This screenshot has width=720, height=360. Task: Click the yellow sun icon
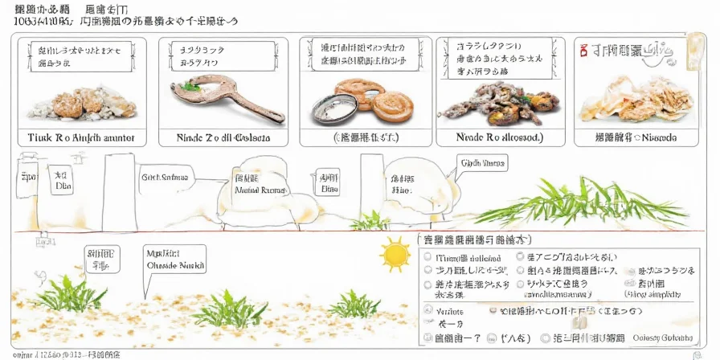(395, 256)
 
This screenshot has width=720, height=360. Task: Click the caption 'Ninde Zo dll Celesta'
(224, 137)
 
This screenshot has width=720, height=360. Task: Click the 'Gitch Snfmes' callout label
(166, 177)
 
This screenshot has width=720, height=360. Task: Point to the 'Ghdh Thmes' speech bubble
(482, 163)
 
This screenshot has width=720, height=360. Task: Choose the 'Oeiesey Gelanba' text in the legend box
(658, 338)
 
